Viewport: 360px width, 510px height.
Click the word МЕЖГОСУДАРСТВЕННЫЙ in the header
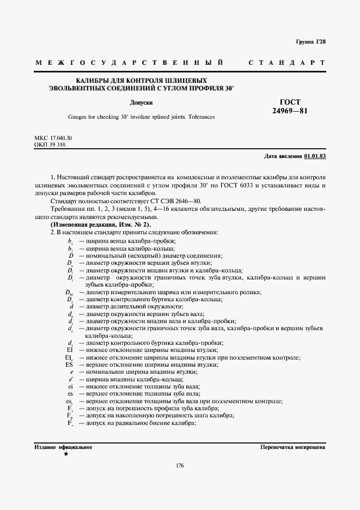click(130, 63)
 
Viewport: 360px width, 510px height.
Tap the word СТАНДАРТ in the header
click(287, 63)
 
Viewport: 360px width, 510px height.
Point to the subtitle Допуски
click(141, 102)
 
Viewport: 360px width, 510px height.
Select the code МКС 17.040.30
click(53, 138)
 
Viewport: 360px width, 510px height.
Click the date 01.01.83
click(315, 156)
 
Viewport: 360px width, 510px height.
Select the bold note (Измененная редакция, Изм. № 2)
click(101, 224)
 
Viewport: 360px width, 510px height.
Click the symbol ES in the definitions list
click(69, 365)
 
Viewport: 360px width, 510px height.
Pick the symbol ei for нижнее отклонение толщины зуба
click(70, 386)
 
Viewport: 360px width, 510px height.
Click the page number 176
click(180, 465)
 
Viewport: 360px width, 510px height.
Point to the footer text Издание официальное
click(63, 447)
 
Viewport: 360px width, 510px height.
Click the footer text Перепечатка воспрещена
click(293, 447)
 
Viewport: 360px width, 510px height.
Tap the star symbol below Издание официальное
click(66, 454)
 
